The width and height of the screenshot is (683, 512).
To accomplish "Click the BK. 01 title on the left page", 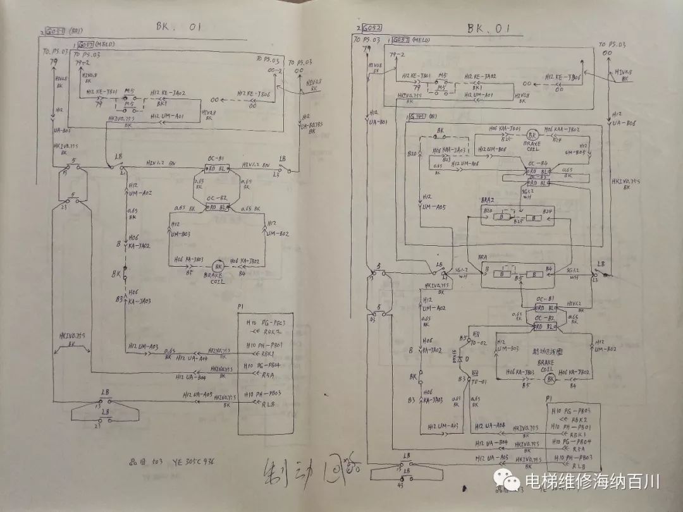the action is [179, 27].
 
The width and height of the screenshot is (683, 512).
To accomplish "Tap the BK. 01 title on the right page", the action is [489, 28].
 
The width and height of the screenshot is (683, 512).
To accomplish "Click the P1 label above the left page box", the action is [240, 306].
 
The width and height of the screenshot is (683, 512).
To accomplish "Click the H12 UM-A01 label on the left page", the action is [168, 116].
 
